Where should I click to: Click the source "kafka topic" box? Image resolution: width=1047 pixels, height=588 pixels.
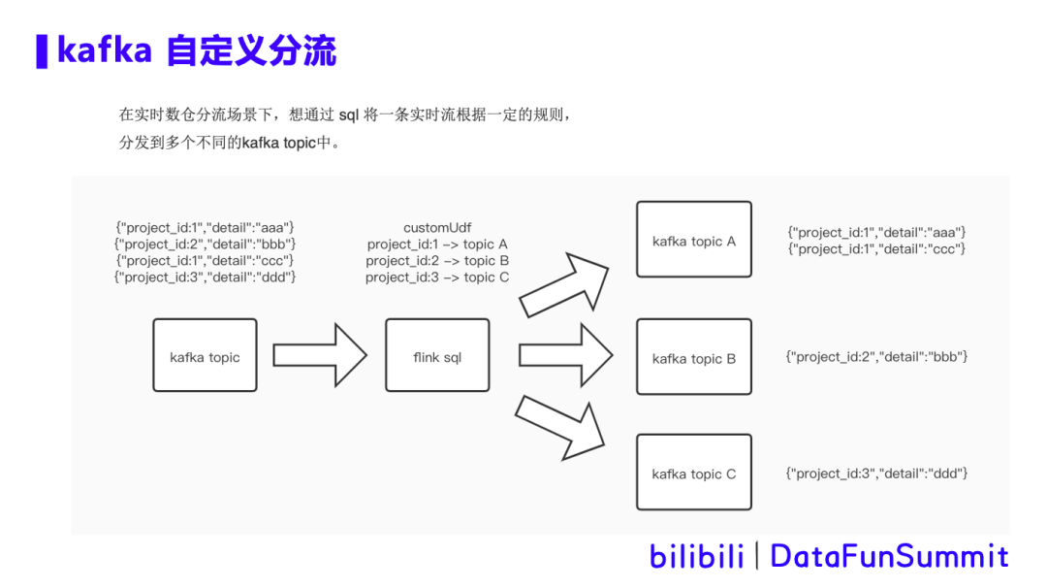205,356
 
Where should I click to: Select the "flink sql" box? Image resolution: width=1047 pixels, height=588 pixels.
437,356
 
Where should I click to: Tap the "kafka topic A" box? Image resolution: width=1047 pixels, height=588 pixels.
693,240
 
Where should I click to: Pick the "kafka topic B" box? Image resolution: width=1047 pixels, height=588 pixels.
693,358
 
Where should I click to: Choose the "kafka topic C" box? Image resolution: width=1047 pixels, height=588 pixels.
693,474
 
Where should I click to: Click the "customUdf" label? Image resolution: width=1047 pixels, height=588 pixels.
437,227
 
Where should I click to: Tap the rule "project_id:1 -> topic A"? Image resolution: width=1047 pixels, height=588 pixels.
437,244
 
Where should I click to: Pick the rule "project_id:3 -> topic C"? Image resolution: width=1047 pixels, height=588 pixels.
437,278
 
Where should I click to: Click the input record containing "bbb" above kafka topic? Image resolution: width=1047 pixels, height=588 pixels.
205,244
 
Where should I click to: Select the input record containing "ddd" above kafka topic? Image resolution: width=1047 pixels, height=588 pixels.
205,278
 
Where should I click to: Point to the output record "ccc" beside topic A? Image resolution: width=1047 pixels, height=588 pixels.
877,249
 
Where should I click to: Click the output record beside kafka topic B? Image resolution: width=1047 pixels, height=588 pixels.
876,357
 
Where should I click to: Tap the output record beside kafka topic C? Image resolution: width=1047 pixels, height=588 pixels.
876,474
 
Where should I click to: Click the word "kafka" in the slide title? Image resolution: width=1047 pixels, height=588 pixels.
105,50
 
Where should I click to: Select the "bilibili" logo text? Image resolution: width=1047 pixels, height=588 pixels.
696,556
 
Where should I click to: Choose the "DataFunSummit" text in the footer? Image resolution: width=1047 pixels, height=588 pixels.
889,556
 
